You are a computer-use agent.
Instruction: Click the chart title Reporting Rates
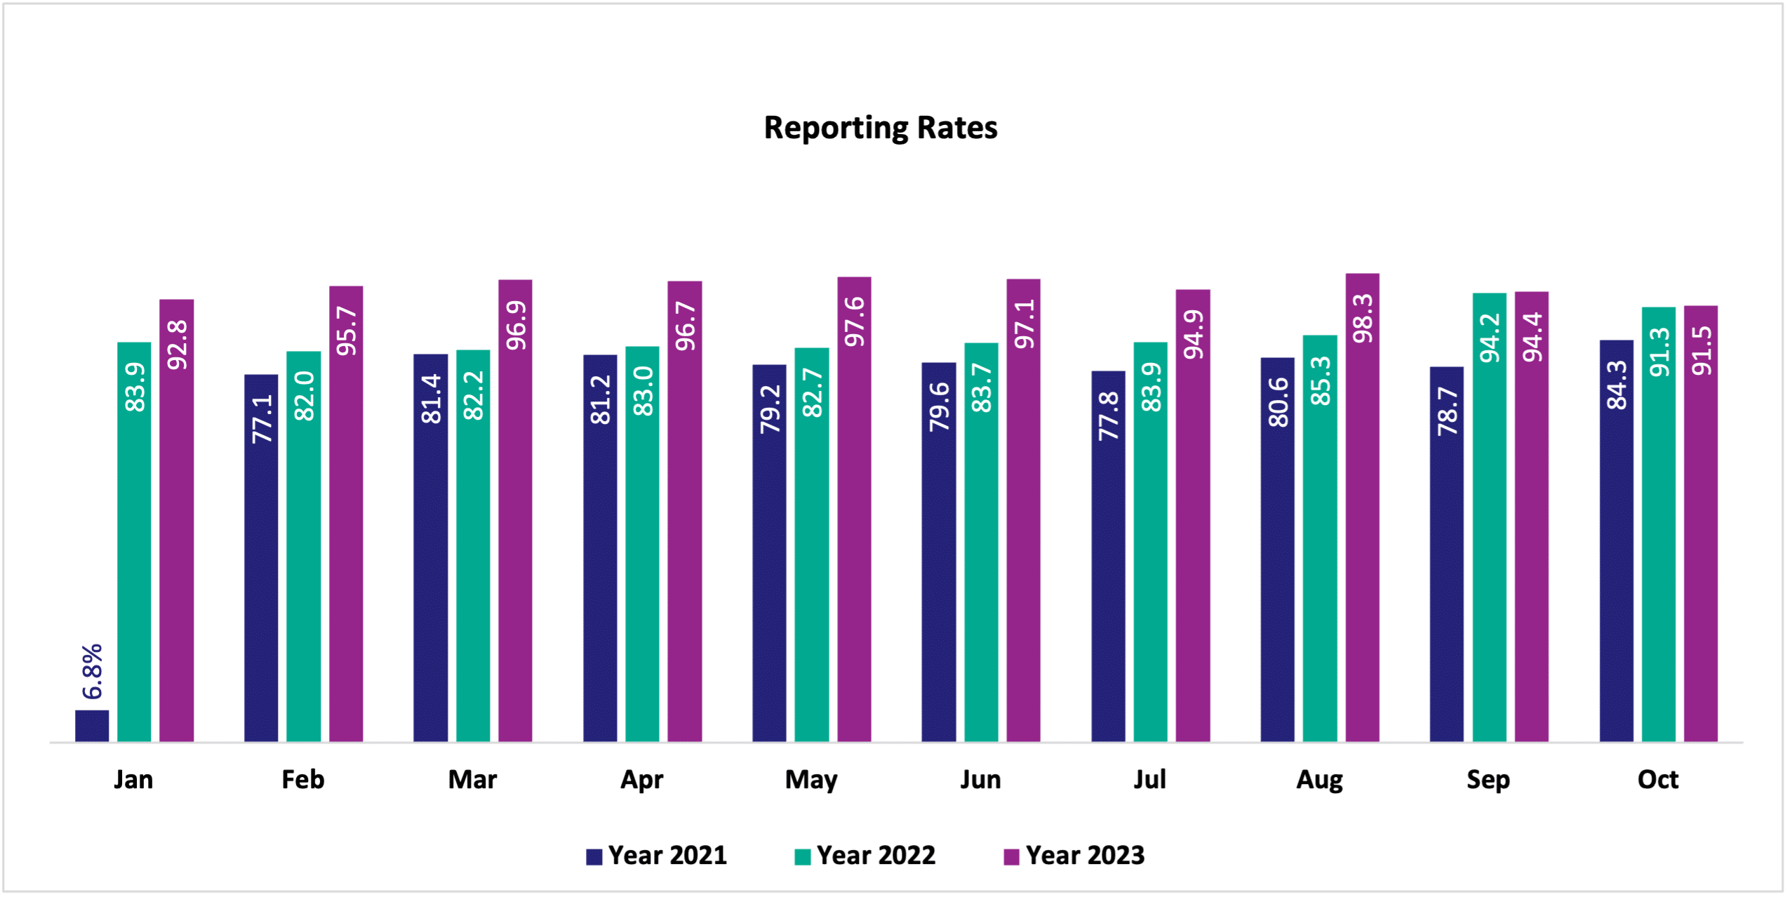(x=880, y=128)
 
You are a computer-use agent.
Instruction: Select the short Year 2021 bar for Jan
(x=92, y=726)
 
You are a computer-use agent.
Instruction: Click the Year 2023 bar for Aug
(x=1362, y=533)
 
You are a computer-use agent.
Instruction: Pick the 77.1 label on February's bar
(x=262, y=418)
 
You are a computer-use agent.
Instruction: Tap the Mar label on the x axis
(x=472, y=780)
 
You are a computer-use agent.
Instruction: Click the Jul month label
(x=1149, y=780)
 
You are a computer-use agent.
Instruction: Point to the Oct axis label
(x=1657, y=780)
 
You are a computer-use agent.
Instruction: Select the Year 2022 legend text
(x=875, y=856)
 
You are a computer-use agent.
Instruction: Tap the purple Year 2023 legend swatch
(x=1011, y=857)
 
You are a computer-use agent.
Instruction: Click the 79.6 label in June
(x=939, y=406)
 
